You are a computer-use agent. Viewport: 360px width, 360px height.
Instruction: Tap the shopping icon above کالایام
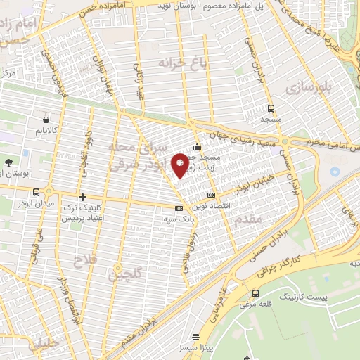(x=47, y=120)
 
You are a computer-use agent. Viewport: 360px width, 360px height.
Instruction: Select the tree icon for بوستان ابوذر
(x=8, y=162)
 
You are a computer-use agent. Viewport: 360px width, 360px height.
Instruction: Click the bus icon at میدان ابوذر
(x=35, y=191)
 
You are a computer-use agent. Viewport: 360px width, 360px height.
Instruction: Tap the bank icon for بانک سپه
(x=179, y=208)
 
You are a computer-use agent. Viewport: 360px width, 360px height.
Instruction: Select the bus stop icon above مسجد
(x=271, y=108)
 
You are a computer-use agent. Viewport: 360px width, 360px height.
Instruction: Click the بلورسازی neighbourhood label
(x=307, y=88)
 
